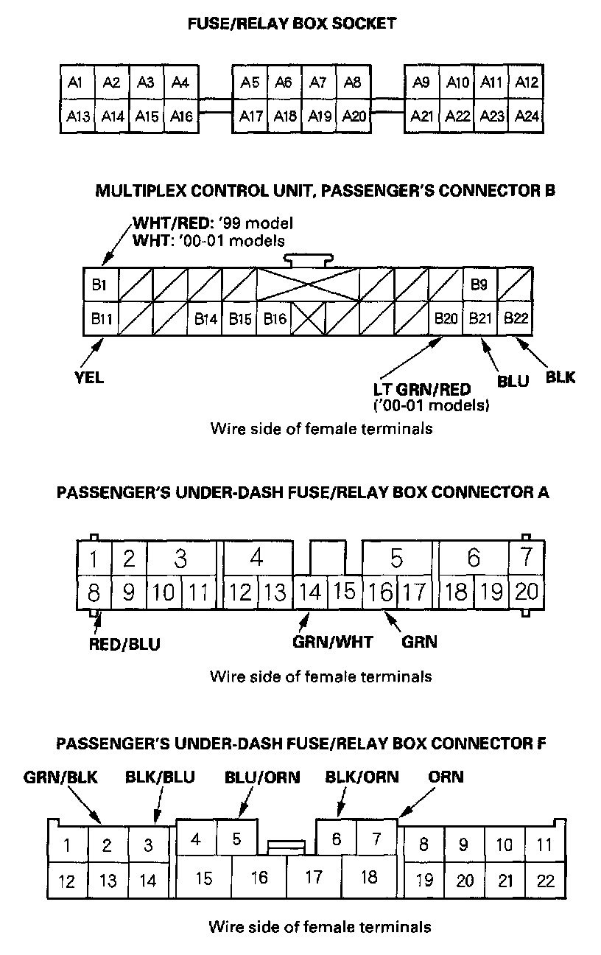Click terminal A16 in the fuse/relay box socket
click(x=180, y=116)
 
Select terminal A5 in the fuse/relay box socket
click(x=250, y=83)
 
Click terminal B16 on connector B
click(x=274, y=319)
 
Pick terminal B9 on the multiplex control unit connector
click(x=479, y=285)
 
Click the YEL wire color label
click(x=89, y=378)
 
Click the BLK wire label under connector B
click(x=560, y=378)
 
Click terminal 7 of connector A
click(x=527, y=558)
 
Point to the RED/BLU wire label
click(x=124, y=644)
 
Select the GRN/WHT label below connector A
click(x=333, y=642)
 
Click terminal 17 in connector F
click(x=314, y=877)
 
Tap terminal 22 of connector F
click(x=546, y=881)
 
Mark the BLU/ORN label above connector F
click(x=262, y=777)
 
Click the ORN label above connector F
click(x=446, y=777)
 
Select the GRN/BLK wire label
click(x=60, y=777)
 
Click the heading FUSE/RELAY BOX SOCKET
click(x=292, y=24)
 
